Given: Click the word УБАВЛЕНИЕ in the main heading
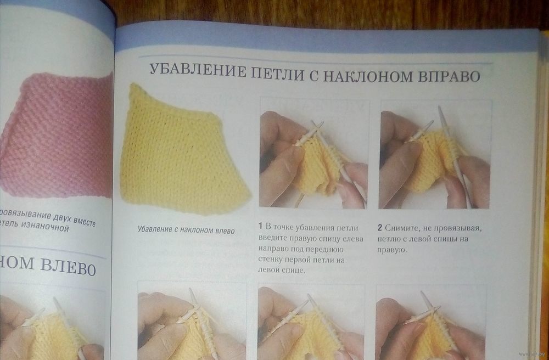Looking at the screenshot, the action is (x=198, y=71).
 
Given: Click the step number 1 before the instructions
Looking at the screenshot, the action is (x=260, y=226).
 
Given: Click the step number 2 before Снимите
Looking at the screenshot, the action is (x=379, y=228).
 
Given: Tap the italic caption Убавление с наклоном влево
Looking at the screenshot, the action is (x=186, y=230).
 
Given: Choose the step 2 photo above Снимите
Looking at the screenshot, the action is (x=435, y=154).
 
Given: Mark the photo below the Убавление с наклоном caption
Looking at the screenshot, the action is (x=192, y=320).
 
